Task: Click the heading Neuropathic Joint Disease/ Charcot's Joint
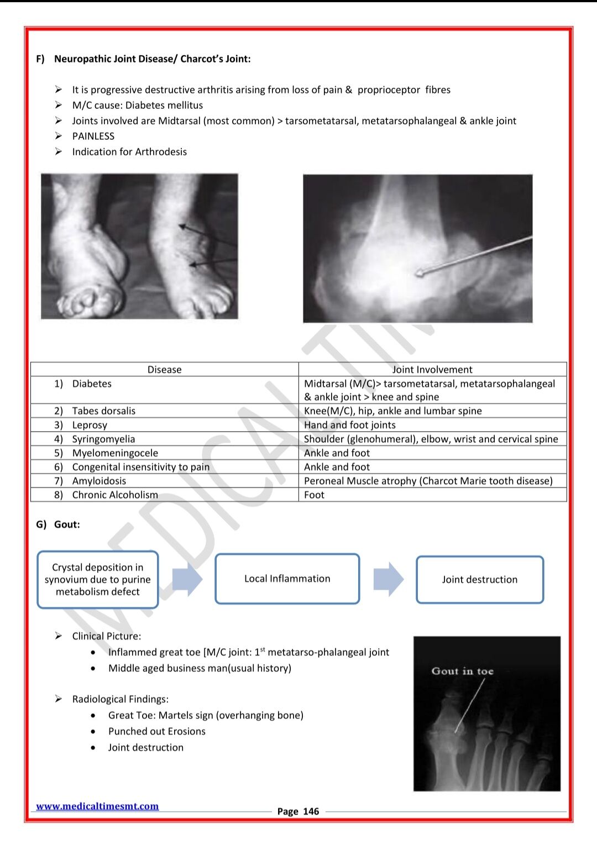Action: (152, 59)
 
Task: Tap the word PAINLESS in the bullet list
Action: (93, 136)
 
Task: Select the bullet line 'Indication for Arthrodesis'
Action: (129, 151)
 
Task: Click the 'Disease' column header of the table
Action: (164, 370)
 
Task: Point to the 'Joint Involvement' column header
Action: (432, 370)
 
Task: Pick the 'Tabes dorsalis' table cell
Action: (103, 411)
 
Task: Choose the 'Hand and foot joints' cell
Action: (350, 425)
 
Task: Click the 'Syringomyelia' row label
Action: (103, 439)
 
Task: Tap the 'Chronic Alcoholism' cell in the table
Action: (115, 495)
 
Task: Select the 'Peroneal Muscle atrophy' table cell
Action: (428, 481)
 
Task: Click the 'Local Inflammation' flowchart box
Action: (287, 579)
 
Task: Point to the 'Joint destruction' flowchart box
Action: (479, 579)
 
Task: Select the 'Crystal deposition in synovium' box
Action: (98, 579)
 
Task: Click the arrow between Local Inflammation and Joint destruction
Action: (388, 579)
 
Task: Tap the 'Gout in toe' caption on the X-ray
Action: (462, 671)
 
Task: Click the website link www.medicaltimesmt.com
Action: (97, 806)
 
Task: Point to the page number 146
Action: (311, 811)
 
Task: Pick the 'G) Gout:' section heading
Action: (58, 524)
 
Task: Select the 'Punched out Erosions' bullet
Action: (156, 731)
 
